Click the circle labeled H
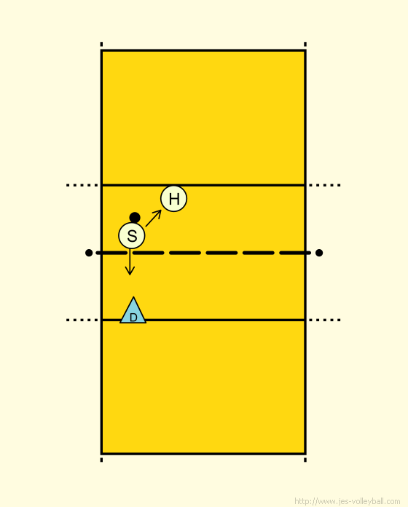coord(173,199)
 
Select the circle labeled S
coord(132,236)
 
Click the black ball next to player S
coord(135,218)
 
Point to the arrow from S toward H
coord(154,219)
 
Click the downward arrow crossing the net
coord(130,262)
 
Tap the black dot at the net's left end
coord(89,253)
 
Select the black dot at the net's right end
coord(319,253)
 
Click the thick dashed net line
coord(204,253)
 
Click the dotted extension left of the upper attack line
coord(82,185)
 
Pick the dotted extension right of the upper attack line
coord(325,185)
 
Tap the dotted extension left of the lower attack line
coord(82,320)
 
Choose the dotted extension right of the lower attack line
coord(325,320)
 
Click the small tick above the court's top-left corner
coord(101,44)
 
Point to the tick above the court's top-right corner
coord(305,44)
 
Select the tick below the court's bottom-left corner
coord(101,460)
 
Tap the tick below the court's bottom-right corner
coord(305,460)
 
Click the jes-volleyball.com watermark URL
coord(348,501)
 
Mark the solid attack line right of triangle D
coord(225,320)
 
